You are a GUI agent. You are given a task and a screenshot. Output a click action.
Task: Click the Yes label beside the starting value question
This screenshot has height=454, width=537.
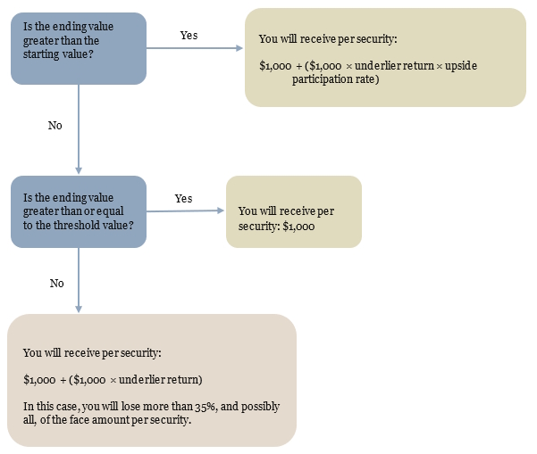tap(189, 35)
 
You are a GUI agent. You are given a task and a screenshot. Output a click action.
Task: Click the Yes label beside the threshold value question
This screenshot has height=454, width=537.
tap(183, 198)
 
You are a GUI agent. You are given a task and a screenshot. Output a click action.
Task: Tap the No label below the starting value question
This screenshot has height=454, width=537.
tap(55, 126)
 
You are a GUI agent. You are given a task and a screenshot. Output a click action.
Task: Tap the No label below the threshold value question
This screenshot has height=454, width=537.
tap(56, 284)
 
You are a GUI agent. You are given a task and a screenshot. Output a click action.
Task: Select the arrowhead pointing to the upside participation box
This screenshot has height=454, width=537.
tap(239, 48)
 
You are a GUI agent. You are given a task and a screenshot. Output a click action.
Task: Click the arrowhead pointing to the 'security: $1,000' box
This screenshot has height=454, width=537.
tap(221, 210)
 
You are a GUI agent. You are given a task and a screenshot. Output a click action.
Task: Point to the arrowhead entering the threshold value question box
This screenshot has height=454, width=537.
tap(79, 170)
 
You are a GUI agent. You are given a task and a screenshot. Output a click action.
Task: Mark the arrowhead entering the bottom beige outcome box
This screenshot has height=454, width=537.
tap(79, 309)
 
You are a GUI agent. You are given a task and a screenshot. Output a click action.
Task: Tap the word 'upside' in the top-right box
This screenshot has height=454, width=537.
tap(461, 66)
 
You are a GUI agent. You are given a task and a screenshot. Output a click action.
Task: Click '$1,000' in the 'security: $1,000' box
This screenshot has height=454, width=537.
tap(298, 227)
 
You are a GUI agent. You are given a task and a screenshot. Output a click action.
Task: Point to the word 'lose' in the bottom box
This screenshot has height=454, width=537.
tap(130, 407)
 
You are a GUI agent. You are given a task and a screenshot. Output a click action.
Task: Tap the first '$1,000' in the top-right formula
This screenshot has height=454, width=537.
tap(275, 66)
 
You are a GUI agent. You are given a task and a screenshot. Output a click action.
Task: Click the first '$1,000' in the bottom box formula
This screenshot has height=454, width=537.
tap(39, 380)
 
